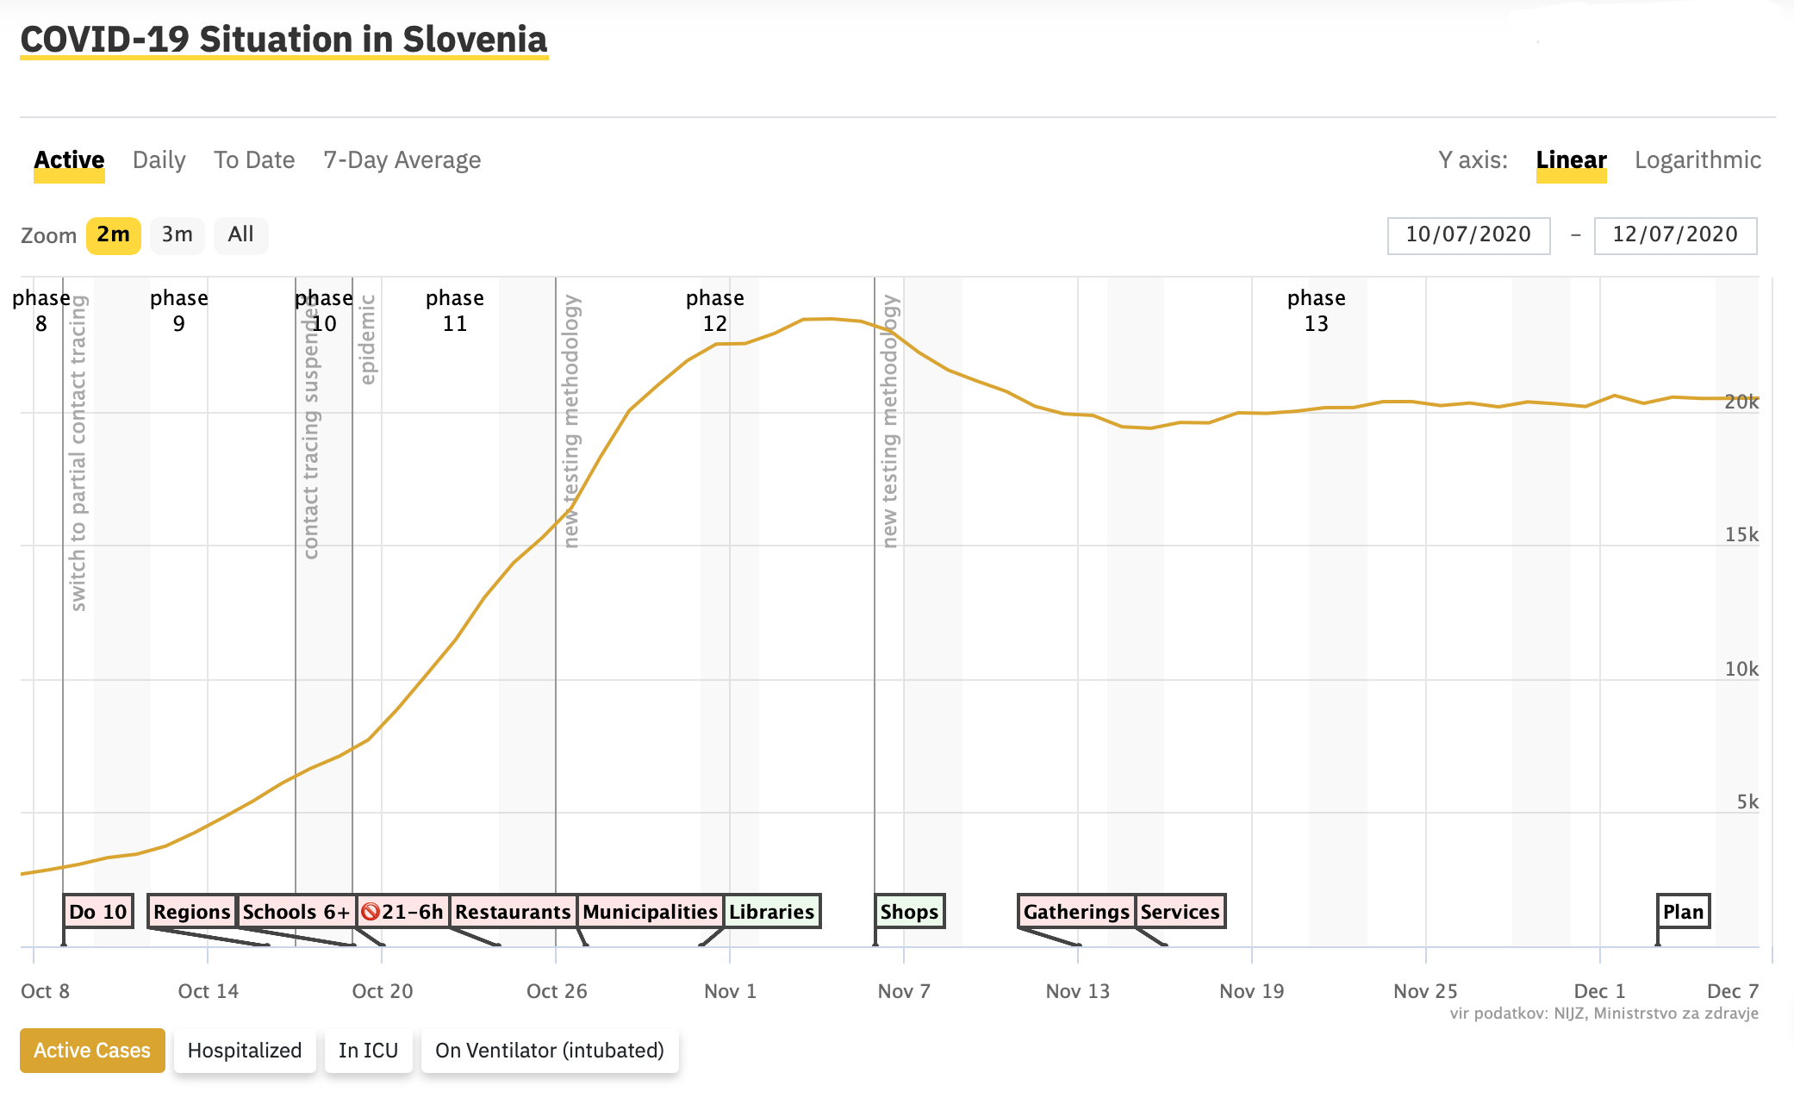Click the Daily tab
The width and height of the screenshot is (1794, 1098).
(x=159, y=160)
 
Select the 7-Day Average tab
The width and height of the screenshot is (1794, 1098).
(x=402, y=160)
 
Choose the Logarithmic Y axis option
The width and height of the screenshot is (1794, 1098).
(x=1697, y=160)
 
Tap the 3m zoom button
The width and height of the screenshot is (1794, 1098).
(x=177, y=235)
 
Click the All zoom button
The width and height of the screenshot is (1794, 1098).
(x=240, y=235)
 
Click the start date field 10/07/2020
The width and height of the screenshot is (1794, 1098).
(x=1468, y=235)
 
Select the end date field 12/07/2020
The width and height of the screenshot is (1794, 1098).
(x=1675, y=235)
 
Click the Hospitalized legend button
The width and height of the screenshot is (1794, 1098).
(x=245, y=1051)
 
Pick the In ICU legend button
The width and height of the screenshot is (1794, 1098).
(x=368, y=1051)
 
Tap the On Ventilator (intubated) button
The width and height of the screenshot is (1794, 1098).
(x=550, y=1051)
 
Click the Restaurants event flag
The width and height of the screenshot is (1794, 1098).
(x=513, y=912)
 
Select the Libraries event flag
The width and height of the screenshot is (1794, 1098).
(x=771, y=912)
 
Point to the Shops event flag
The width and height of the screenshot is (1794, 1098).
(x=909, y=912)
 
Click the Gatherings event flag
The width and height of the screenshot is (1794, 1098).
(x=1076, y=912)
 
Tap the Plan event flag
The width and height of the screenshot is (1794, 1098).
(x=1683, y=912)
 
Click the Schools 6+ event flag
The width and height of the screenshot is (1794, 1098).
(x=296, y=912)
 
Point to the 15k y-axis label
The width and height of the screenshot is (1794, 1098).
(x=1741, y=535)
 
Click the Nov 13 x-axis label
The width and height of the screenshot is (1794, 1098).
(x=1077, y=991)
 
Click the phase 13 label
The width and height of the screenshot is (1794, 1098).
(x=1316, y=310)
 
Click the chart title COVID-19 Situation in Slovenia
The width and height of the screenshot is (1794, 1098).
(x=283, y=40)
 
